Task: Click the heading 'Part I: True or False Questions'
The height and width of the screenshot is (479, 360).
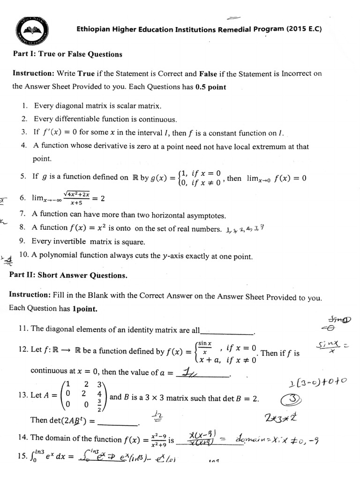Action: (x=67, y=54)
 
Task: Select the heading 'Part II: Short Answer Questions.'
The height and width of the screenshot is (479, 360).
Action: (x=68, y=276)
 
